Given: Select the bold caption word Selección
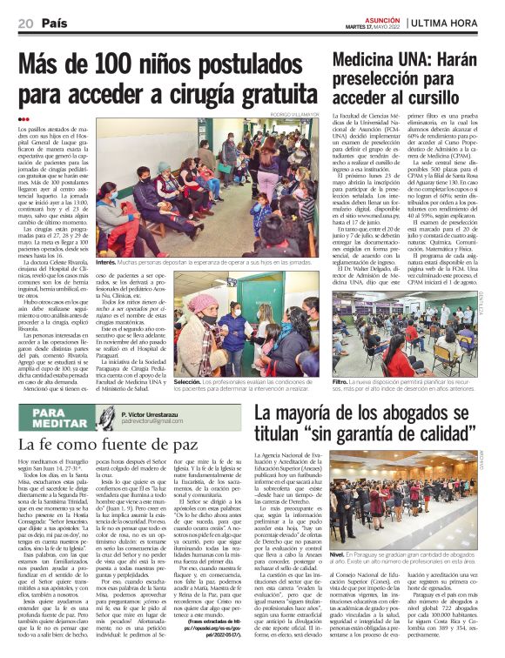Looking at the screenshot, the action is [x=188, y=381].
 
